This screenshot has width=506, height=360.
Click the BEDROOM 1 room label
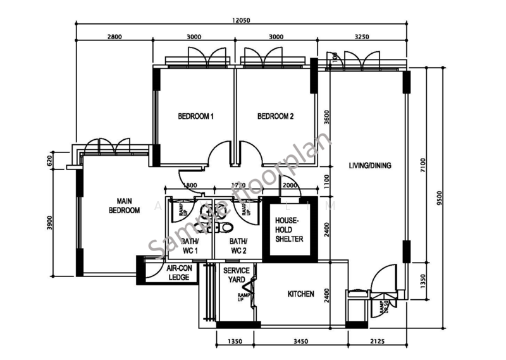[195, 116]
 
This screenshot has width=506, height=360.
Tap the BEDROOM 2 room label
[276, 116]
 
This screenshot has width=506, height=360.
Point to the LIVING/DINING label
[370, 166]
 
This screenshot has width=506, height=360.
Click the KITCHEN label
[301, 294]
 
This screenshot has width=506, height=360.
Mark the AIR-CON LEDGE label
[179, 273]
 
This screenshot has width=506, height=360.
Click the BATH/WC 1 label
[190, 246]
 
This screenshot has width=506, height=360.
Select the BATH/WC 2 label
[238, 246]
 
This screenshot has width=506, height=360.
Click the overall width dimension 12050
[241, 20]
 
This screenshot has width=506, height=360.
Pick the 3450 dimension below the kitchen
[301, 342]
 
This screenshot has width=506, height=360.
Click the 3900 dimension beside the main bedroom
[49, 223]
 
